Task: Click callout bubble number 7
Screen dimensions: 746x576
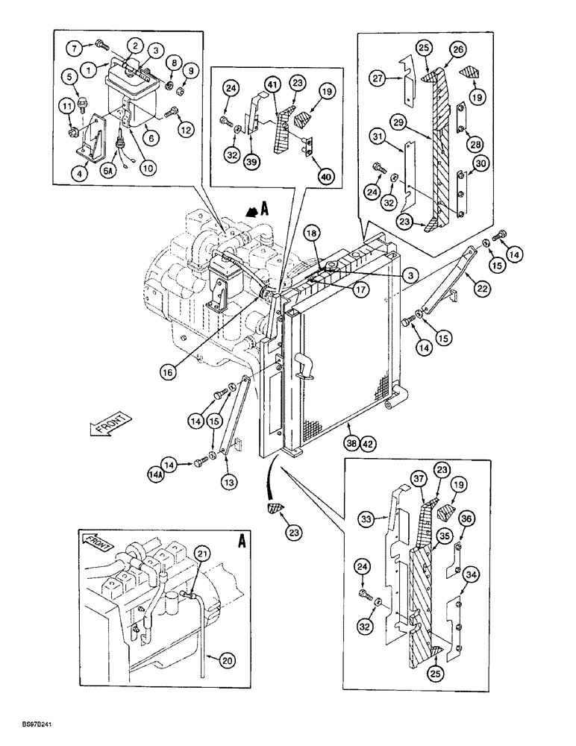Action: [76, 48]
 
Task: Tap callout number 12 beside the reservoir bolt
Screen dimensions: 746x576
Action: [186, 129]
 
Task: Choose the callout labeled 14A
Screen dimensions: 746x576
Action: [157, 472]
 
